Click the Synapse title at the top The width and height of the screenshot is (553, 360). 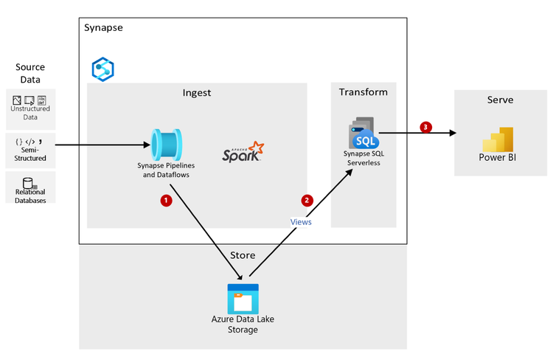pos(103,28)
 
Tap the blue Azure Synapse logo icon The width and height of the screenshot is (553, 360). pos(102,69)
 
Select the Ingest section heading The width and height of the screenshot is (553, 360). pos(197,92)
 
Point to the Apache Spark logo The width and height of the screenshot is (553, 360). pos(243,152)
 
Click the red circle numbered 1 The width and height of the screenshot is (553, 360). pos(167,201)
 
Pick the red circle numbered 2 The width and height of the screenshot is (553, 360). pos(307,200)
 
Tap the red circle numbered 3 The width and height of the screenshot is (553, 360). pos(425,127)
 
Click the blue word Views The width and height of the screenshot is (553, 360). pos(300,221)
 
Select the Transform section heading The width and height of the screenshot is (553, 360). pos(363,92)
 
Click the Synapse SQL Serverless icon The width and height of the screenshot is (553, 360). pos(364,134)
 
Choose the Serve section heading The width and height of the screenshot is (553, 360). pos(500,100)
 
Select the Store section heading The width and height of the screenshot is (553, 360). pos(242,255)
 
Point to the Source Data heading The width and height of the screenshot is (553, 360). pos(29,73)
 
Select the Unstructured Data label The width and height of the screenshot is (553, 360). pos(30,112)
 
